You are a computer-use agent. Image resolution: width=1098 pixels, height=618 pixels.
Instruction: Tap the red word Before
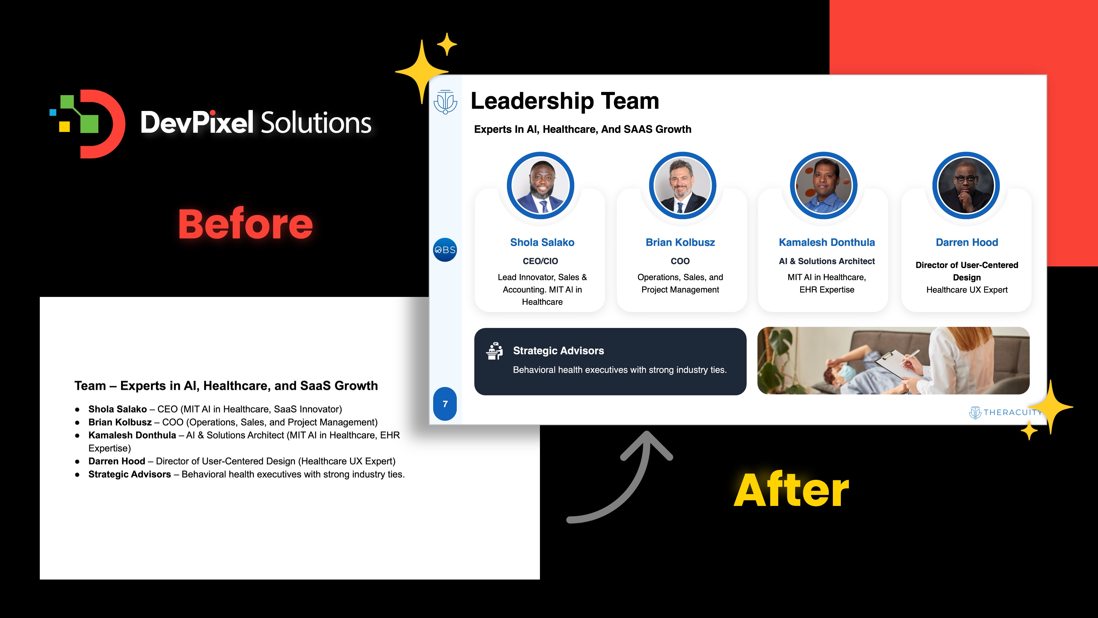(245, 224)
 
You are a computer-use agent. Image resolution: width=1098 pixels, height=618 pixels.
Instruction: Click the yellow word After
(791, 491)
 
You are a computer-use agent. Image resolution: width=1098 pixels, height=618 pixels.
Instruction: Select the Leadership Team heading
(565, 102)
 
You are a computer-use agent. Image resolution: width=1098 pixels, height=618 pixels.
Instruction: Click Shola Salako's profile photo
(540, 185)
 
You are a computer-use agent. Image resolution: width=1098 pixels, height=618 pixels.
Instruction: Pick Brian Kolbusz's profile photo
(682, 185)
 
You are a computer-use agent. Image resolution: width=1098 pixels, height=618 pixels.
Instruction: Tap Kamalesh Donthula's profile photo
(824, 185)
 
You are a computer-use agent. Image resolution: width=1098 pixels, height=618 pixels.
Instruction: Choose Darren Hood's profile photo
(966, 185)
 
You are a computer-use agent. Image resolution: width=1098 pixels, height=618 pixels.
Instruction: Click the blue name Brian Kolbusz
(680, 242)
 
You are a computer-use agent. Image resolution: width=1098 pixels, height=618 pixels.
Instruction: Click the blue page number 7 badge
(445, 404)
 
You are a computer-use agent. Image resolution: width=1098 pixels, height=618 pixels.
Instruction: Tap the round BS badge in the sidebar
(445, 250)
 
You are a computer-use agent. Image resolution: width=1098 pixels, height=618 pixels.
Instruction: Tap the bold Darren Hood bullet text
(117, 461)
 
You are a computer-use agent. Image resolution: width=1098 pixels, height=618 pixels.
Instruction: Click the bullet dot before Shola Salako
(77, 410)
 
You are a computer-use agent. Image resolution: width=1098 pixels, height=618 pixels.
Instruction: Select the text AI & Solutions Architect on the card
(827, 261)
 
